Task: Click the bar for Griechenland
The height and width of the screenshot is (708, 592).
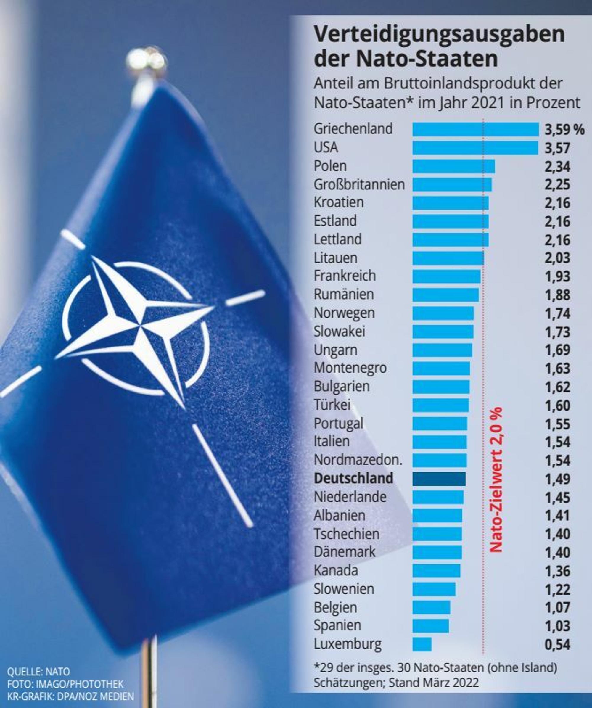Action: [475, 129]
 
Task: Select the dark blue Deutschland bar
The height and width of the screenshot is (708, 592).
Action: [439, 479]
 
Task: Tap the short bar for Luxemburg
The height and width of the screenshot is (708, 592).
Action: [422, 644]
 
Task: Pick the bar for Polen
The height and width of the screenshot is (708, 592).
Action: [453, 166]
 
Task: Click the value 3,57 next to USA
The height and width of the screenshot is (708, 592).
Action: [557, 148]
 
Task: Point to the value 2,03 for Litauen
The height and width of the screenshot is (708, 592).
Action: [557, 258]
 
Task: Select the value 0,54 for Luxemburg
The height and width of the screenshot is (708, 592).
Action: [557, 644]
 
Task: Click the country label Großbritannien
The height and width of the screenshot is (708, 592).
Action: [359, 184]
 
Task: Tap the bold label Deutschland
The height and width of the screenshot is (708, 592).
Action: [354, 478]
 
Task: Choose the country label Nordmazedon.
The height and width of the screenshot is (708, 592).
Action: [358, 460]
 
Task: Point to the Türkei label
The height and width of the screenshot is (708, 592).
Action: [332, 405]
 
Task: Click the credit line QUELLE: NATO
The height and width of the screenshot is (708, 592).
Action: [38, 672]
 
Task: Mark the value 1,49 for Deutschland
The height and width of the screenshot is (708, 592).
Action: [557, 479]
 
